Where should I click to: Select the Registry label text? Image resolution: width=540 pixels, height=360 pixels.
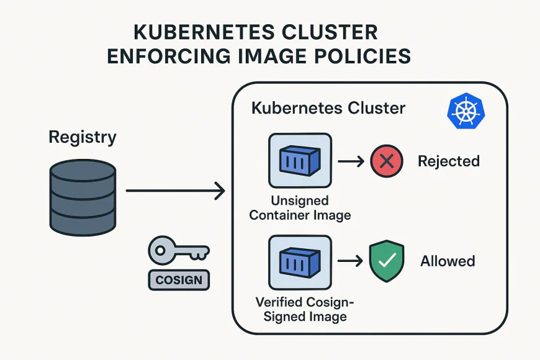(83, 137)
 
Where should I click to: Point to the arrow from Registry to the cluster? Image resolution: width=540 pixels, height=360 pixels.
(175, 191)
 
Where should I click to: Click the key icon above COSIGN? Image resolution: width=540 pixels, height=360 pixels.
(178, 251)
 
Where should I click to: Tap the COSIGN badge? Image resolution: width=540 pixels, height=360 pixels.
(179, 280)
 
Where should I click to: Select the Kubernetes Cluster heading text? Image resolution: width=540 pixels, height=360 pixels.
(328, 108)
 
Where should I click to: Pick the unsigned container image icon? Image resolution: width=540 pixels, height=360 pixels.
(300, 161)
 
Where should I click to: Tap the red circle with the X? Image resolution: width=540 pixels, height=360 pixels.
(387, 161)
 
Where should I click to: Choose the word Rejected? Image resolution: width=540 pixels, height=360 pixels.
(449, 161)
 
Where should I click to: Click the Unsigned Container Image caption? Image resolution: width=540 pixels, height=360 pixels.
(300, 209)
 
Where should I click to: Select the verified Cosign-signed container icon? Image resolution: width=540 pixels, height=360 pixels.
(300, 261)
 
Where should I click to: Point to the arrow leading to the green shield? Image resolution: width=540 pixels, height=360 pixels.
(351, 261)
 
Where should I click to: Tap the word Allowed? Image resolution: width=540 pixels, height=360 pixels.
(448, 261)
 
